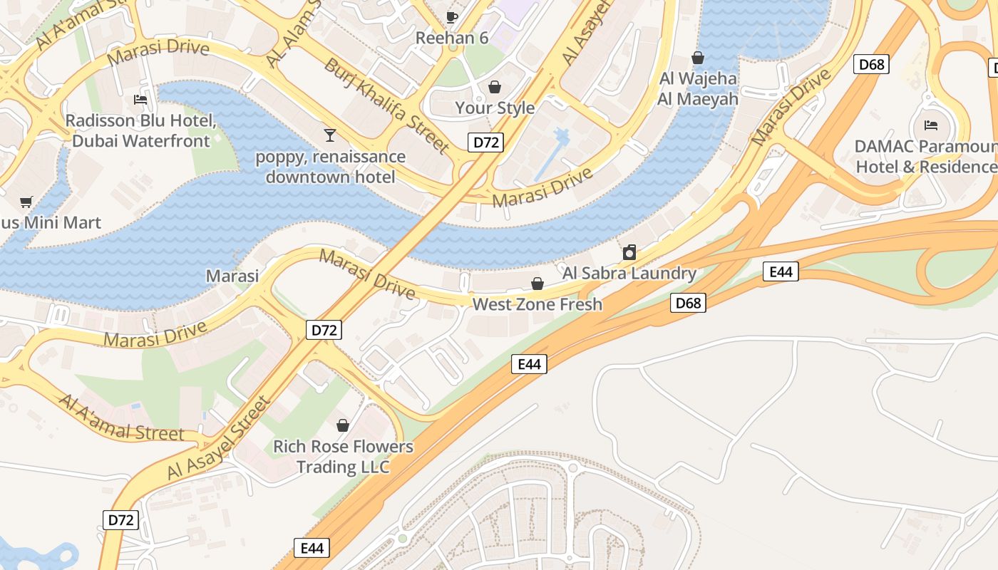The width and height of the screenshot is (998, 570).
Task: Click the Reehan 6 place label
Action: pyautogui.click(x=452, y=38)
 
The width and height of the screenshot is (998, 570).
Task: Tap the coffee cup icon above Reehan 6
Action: pyautogui.click(x=451, y=16)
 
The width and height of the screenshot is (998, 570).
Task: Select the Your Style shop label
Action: pyautogui.click(x=495, y=108)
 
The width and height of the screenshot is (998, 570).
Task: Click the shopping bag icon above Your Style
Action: pyautogui.click(x=494, y=87)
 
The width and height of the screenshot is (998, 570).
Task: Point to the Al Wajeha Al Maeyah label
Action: pyautogui.click(x=698, y=88)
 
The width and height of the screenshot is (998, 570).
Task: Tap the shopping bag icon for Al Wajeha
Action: pyautogui.click(x=698, y=58)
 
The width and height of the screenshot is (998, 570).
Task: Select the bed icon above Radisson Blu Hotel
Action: pyautogui.click(x=140, y=100)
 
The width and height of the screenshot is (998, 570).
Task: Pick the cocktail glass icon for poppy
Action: pyautogui.click(x=329, y=135)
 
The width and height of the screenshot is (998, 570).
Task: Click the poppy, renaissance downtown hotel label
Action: pyautogui.click(x=331, y=167)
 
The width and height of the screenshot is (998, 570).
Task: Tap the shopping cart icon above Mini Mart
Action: pyautogui.click(x=26, y=202)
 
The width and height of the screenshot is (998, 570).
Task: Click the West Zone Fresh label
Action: pyautogui.click(x=537, y=304)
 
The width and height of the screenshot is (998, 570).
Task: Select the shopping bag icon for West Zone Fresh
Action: pyautogui.click(x=537, y=284)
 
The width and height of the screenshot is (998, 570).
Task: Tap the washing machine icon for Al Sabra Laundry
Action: pyautogui.click(x=629, y=252)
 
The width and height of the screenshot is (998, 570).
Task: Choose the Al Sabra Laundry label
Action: pyautogui.click(x=629, y=273)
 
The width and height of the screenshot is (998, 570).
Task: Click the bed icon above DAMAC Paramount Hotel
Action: pyautogui.click(x=931, y=125)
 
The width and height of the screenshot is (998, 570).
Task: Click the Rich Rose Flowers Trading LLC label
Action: pyautogui.click(x=343, y=457)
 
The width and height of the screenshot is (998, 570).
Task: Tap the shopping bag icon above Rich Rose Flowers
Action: pyautogui.click(x=343, y=425)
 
